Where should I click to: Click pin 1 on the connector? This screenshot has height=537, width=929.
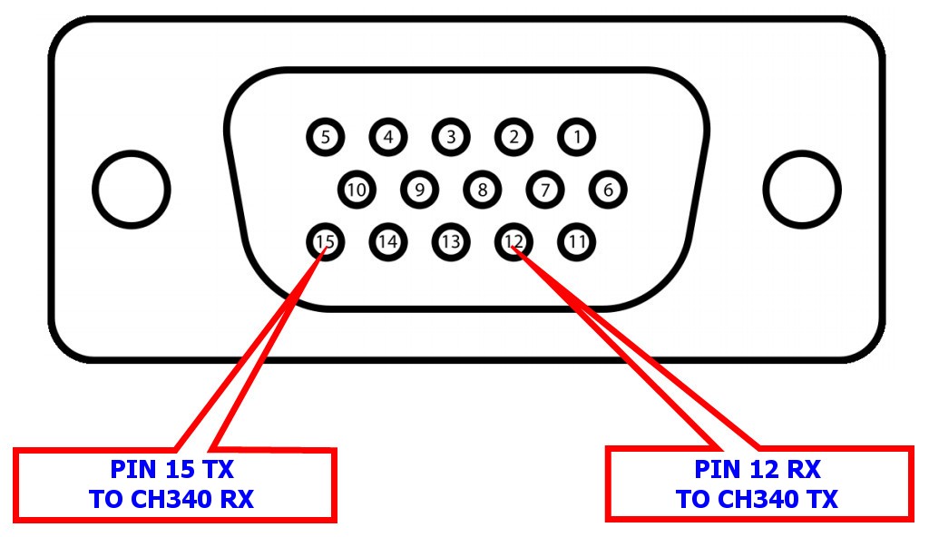(x=576, y=138)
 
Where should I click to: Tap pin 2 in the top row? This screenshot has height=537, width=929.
(x=513, y=138)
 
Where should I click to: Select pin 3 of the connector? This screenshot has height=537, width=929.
(x=451, y=138)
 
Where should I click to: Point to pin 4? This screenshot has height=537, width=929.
(x=388, y=138)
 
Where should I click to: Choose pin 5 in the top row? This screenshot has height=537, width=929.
(x=326, y=138)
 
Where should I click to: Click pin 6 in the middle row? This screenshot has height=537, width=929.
(x=608, y=190)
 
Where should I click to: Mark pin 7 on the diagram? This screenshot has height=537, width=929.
(x=545, y=190)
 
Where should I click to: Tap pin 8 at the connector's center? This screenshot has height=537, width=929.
(x=483, y=190)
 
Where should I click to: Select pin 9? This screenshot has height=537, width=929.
(x=419, y=190)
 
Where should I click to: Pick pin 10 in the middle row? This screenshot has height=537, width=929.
(x=357, y=190)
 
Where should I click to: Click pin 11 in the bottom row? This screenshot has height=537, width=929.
(x=576, y=242)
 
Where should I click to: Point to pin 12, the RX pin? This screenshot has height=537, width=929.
(x=513, y=242)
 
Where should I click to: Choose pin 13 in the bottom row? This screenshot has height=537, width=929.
(x=451, y=242)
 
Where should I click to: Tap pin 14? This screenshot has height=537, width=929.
(x=388, y=242)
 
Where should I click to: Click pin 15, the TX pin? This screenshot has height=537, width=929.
(x=326, y=242)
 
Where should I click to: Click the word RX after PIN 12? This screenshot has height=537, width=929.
(x=804, y=470)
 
